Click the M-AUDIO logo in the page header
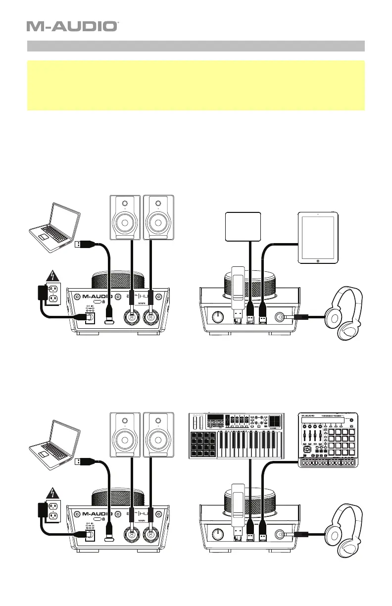click(x=72, y=26)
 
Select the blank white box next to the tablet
click(x=243, y=227)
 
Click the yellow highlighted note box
click(x=196, y=85)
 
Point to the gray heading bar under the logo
click(x=196, y=46)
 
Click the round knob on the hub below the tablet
click(x=216, y=316)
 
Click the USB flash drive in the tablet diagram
click(x=237, y=293)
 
